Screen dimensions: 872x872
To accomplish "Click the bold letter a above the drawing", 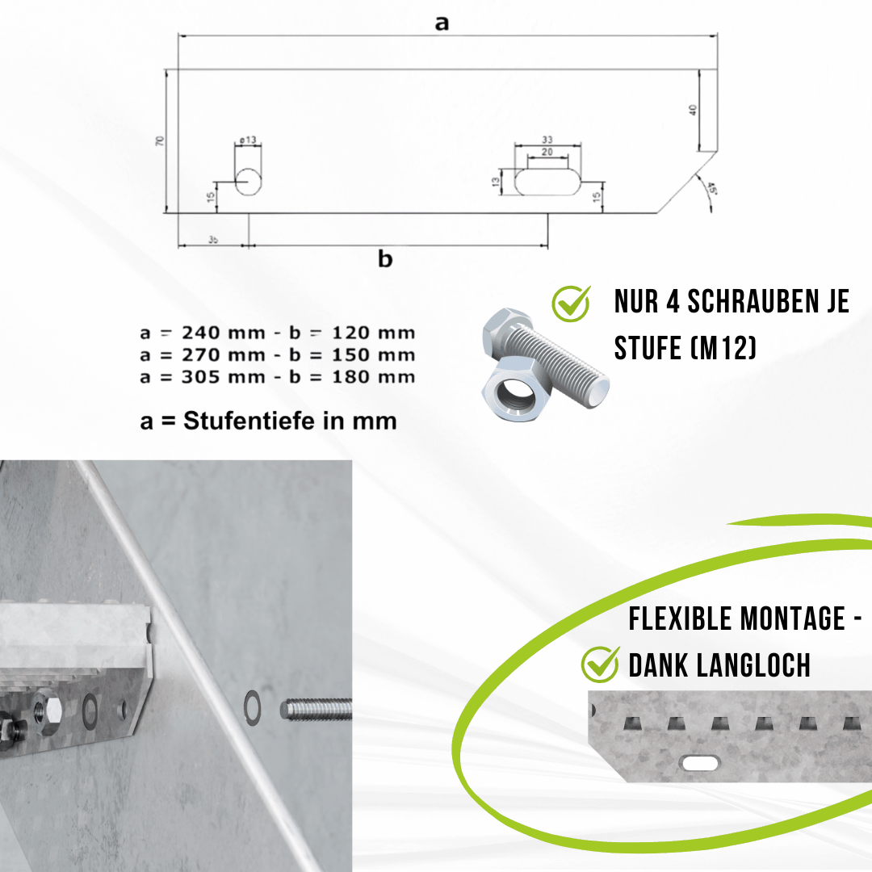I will (x=442, y=23).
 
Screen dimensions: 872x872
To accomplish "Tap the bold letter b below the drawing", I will (x=386, y=259).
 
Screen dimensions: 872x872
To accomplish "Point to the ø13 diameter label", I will (x=248, y=140).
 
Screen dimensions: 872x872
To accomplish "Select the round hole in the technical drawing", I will (x=249, y=182).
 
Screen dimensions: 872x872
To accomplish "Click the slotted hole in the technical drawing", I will (x=547, y=181).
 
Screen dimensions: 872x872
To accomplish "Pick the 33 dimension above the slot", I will (x=547, y=139).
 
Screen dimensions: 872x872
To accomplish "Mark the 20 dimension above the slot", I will (x=547, y=152).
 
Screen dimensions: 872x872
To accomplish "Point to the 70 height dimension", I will (x=160, y=140).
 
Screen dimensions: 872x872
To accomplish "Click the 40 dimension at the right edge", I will (x=692, y=110).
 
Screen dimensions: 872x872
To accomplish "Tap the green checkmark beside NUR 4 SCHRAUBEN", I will (x=572, y=302).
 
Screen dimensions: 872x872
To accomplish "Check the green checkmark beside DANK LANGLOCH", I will (x=601, y=664).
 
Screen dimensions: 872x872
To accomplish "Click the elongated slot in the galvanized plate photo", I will (x=700, y=761).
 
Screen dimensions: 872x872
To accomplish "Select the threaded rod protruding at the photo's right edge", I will (x=317, y=709).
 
